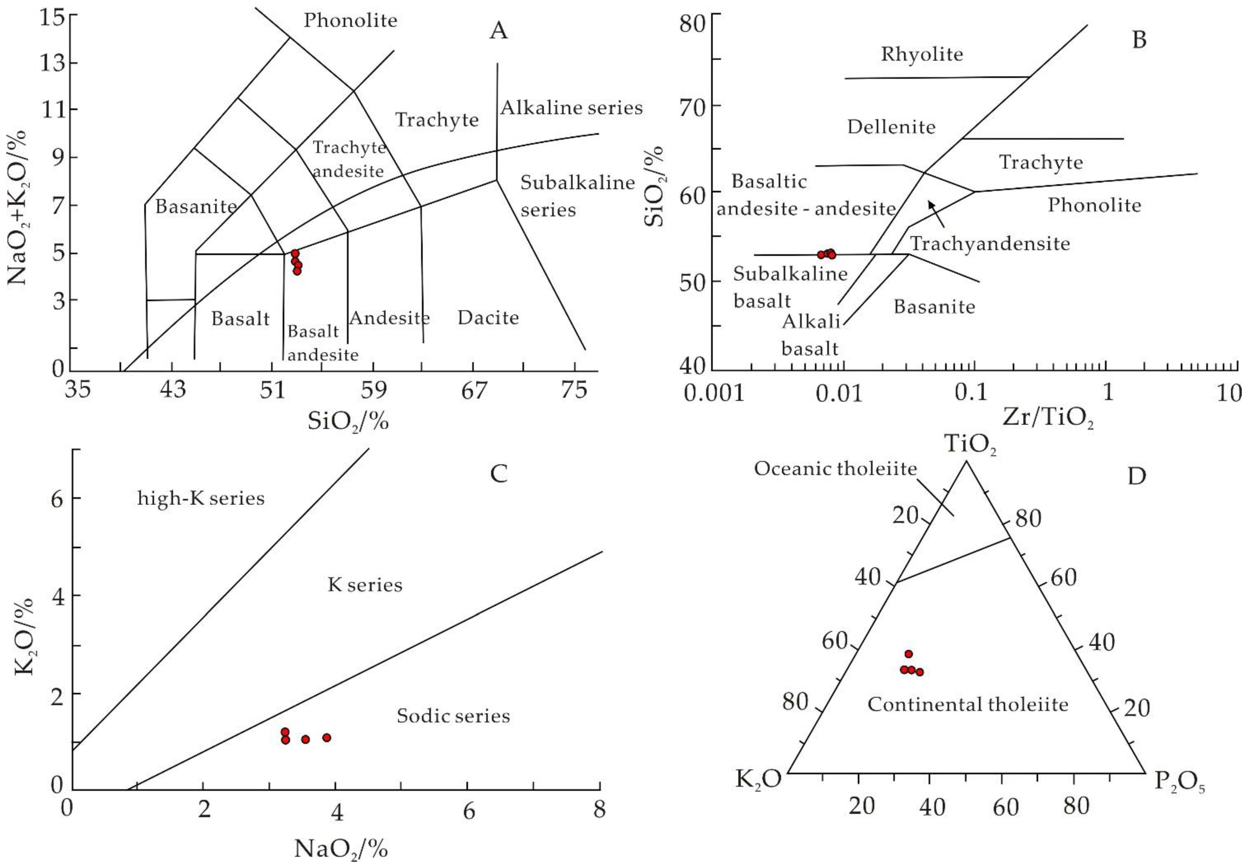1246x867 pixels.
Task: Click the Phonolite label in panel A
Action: point(350,21)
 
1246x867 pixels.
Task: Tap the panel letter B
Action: point(1139,40)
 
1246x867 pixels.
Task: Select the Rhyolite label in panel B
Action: point(922,54)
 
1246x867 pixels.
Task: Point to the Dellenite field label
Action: point(891,127)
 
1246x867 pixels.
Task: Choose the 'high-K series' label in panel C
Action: point(201,498)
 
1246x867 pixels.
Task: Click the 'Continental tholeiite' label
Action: point(968,704)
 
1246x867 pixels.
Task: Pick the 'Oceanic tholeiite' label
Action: point(835,469)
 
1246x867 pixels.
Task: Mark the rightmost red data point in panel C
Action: point(326,737)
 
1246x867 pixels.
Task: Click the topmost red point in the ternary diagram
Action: point(909,654)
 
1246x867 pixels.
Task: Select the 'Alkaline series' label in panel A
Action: point(571,108)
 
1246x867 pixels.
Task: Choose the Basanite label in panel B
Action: point(934,307)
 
